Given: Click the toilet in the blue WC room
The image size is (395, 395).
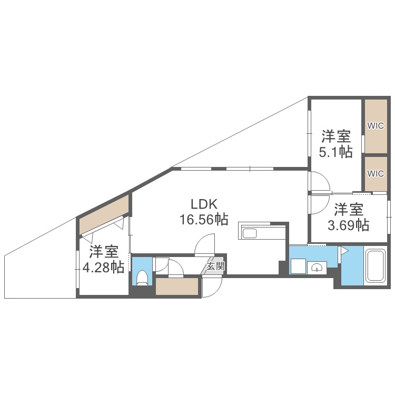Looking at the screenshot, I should click(x=142, y=277).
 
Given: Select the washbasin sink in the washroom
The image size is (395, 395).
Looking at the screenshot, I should click(x=317, y=268).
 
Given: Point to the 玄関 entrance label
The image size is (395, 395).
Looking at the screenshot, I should click(x=215, y=266).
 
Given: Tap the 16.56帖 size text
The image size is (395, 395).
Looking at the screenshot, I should click(x=204, y=220).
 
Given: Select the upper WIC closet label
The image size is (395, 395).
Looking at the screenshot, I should click(x=376, y=125).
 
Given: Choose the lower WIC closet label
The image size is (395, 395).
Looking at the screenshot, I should click(x=376, y=173).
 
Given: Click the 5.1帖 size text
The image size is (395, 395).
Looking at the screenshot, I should click(x=337, y=152).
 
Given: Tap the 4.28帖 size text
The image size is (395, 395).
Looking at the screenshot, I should click(x=103, y=267).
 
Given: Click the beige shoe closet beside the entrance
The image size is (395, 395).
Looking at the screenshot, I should click(x=177, y=287).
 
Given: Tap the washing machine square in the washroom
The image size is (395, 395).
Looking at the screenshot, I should click(x=298, y=267).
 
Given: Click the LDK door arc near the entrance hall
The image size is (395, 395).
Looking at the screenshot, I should click(x=205, y=245).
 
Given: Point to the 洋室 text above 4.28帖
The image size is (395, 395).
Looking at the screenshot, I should click(x=103, y=251).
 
